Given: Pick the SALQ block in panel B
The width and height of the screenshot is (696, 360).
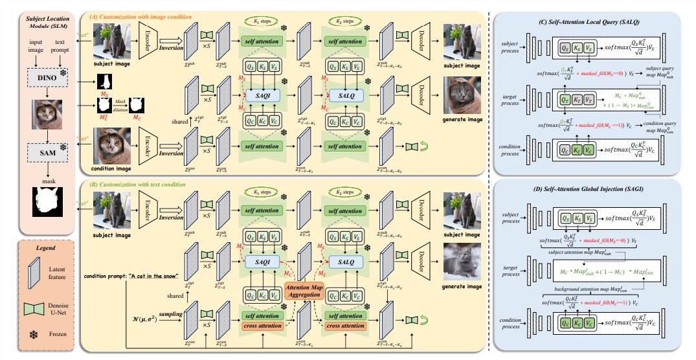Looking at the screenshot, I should point(344,260).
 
